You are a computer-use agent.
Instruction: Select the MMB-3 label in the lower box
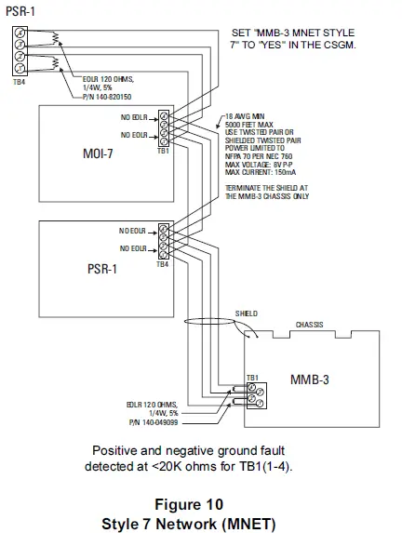(x=310, y=380)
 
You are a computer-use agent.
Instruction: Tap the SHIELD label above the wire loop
(x=246, y=314)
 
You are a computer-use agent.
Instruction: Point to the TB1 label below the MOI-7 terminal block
(x=164, y=150)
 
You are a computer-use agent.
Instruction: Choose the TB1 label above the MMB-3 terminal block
(x=251, y=379)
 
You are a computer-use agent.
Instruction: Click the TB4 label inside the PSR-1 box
(x=163, y=264)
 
